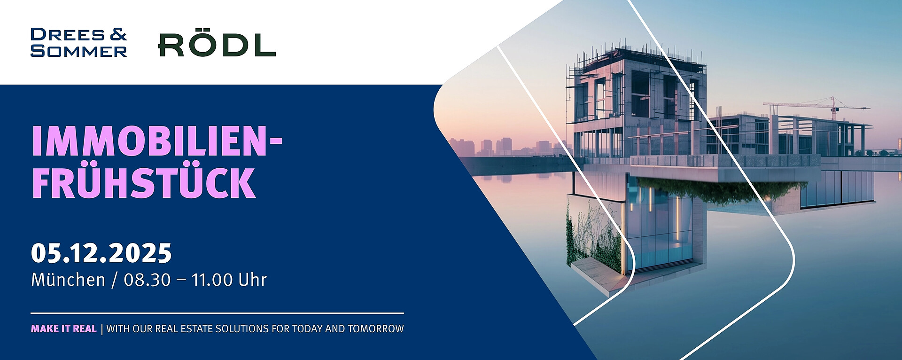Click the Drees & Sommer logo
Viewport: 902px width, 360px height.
[79, 43]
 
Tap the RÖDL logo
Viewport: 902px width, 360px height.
[217, 45]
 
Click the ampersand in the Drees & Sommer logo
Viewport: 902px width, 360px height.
[118, 34]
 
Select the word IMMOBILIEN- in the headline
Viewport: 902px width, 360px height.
[157, 141]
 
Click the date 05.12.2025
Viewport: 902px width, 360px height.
[101, 253]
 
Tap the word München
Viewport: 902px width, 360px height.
[68, 280]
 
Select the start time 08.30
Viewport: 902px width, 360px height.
[147, 280]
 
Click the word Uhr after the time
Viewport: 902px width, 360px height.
[253, 280]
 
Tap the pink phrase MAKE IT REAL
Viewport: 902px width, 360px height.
[64, 329]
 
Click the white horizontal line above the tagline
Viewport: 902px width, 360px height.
[218, 313]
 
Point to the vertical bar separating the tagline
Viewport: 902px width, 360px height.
[102, 329]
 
